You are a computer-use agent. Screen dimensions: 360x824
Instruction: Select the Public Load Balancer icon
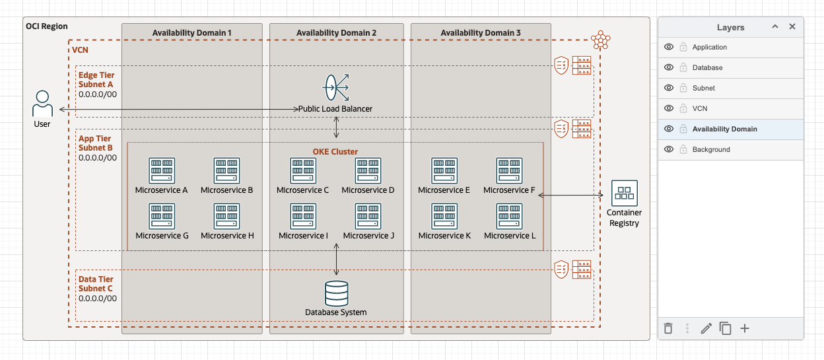click(x=335, y=87)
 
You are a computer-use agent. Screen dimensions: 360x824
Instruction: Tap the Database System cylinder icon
click(x=336, y=293)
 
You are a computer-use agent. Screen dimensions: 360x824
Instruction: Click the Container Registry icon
click(x=624, y=193)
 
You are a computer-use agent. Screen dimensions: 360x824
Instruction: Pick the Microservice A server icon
click(x=162, y=170)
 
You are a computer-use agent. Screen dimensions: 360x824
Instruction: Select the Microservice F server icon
click(x=509, y=170)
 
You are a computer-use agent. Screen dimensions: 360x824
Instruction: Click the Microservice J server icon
click(x=368, y=216)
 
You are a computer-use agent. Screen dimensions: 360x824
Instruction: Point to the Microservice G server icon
click(x=162, y=216)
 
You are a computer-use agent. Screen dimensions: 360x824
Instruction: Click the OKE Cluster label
click(x=335, y=151)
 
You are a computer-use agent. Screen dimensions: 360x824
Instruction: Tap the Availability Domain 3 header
click(x=481, y=33)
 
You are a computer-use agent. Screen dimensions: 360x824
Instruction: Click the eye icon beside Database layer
click(x=669, y=67)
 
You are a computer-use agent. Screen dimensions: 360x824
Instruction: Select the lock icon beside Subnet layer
click(x=683, y=88)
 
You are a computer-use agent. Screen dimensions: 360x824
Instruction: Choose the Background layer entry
click(x=711, y=149)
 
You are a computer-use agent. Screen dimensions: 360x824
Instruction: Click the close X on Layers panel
click(x=792, y=27)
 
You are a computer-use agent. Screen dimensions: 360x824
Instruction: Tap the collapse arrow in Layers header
click(x=775, y=27)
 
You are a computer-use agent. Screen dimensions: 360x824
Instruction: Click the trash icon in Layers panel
click(x=668, y=328)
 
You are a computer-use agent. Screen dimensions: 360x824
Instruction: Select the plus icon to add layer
click(x=745, y=328)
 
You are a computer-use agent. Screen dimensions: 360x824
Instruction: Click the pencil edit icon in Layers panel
click(x=706, y=328)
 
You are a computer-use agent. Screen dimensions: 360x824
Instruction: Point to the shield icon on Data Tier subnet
click(x=561, y=270)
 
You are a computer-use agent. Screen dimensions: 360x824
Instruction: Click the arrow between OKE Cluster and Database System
click(x=337, y=259)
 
